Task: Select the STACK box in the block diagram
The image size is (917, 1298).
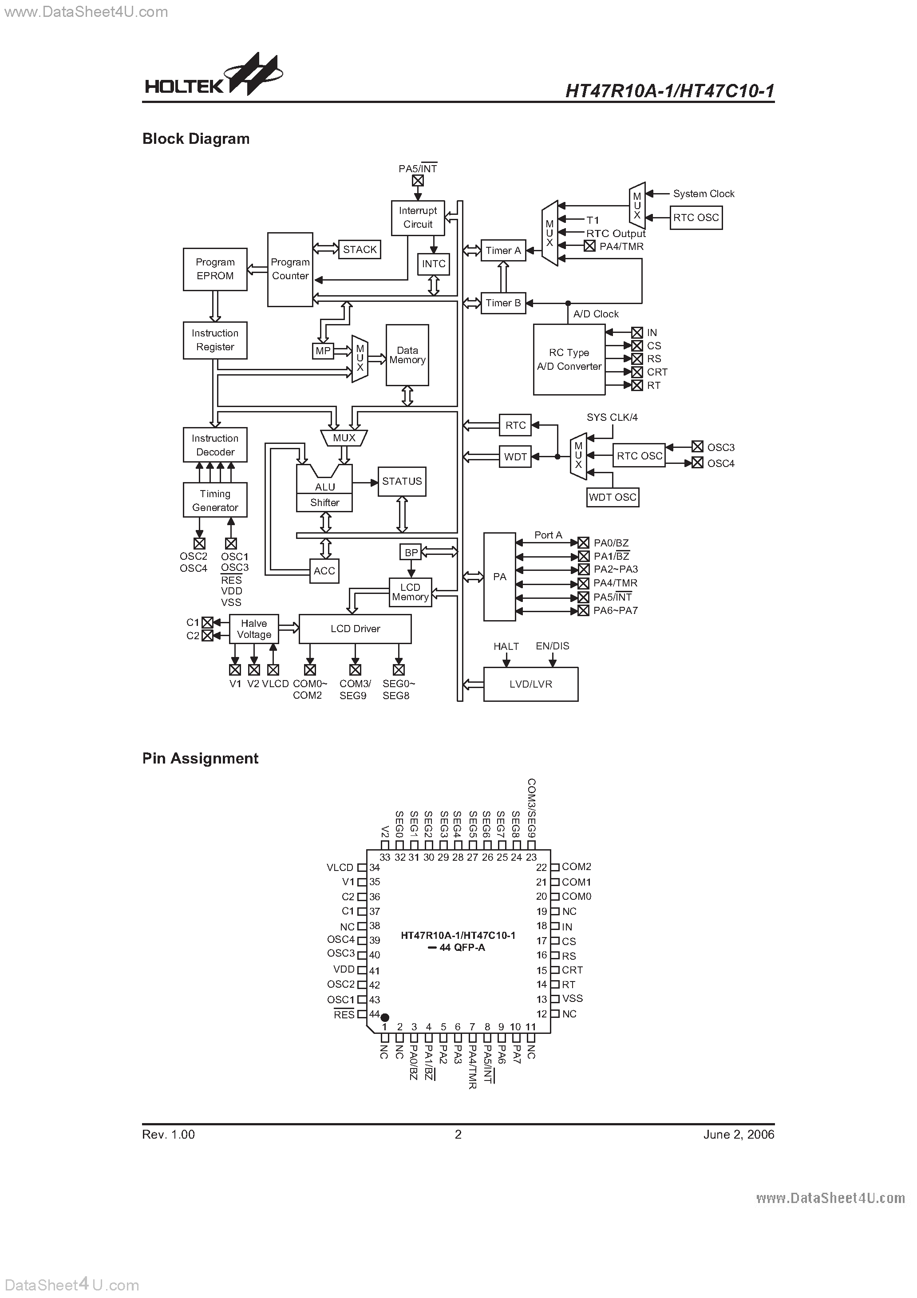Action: click(x=360, y=249)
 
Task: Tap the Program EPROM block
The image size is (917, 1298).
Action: click(x=215, y=269)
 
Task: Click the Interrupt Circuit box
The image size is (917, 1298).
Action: click(x=418, y=218)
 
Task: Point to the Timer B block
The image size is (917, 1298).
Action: click(x=502, y=303)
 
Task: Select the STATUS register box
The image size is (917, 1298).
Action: click(x=402, y=481)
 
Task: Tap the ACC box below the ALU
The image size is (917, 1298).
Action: click(x=324, y=571)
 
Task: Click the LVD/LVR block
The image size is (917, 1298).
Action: click(x=530, y=684)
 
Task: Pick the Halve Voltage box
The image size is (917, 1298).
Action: click(x=254, y=629)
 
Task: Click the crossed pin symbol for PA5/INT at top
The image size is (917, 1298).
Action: click(x=418, y=180)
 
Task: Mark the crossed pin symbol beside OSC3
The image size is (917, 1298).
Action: click(x=697, y=447)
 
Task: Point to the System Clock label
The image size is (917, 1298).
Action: click(x=704, y=194)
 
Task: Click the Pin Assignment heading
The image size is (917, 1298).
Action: click(x=200, y=758)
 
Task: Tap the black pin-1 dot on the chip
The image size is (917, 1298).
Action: click(x=385, y=1017)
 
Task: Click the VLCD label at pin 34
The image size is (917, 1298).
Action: click(x=340, y=867)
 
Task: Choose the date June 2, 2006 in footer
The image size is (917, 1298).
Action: click(x=738, y=1135)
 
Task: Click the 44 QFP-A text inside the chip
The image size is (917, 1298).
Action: click(x=462, y=947)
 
